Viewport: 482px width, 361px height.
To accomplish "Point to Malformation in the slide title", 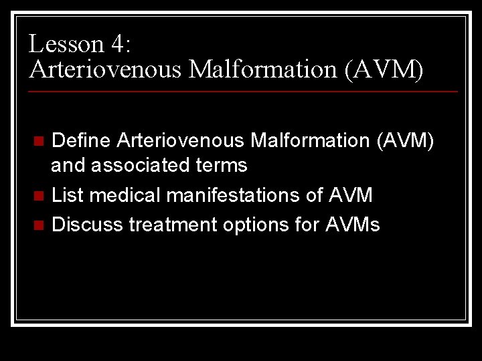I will pyautogui.click(x=262, y=69).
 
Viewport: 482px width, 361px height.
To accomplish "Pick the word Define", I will pyautogui.click(x=80, y=140).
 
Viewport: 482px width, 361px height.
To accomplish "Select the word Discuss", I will pyautogui.click(x=87, y=225).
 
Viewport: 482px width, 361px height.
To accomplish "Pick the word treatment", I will pyautogui.click(x=171, y=225).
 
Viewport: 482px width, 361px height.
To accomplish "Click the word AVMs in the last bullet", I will pyautogui.click(x=352, y=225).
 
